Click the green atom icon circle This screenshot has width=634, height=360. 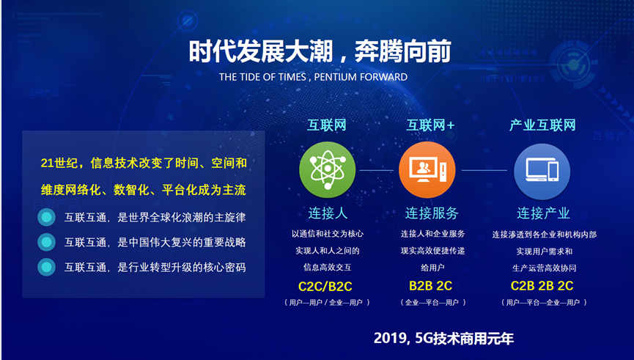coord(328,169)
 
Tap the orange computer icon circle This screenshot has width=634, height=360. coord(427,169)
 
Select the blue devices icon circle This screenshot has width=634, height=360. coord(542,172)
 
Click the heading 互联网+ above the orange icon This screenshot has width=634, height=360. coord(431,125)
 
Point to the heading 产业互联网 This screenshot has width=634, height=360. coord(542,125)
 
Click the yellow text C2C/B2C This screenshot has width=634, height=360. coord(325,287)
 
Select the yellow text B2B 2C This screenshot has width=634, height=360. coord(431,285)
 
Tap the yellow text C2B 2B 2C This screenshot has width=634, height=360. coord(542,285)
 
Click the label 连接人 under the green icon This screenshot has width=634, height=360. coord(328,213)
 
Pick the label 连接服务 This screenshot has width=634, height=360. coord(432,213)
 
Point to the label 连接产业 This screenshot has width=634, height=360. coord(543,213)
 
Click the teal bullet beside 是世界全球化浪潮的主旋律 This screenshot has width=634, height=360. coord(46,217)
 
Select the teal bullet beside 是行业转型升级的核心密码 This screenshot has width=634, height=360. coord(46,267)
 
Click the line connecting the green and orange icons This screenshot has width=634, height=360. coord(377,170)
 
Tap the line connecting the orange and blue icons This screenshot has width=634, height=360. coord(484,170)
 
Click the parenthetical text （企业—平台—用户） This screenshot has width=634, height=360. coord(432,302)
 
